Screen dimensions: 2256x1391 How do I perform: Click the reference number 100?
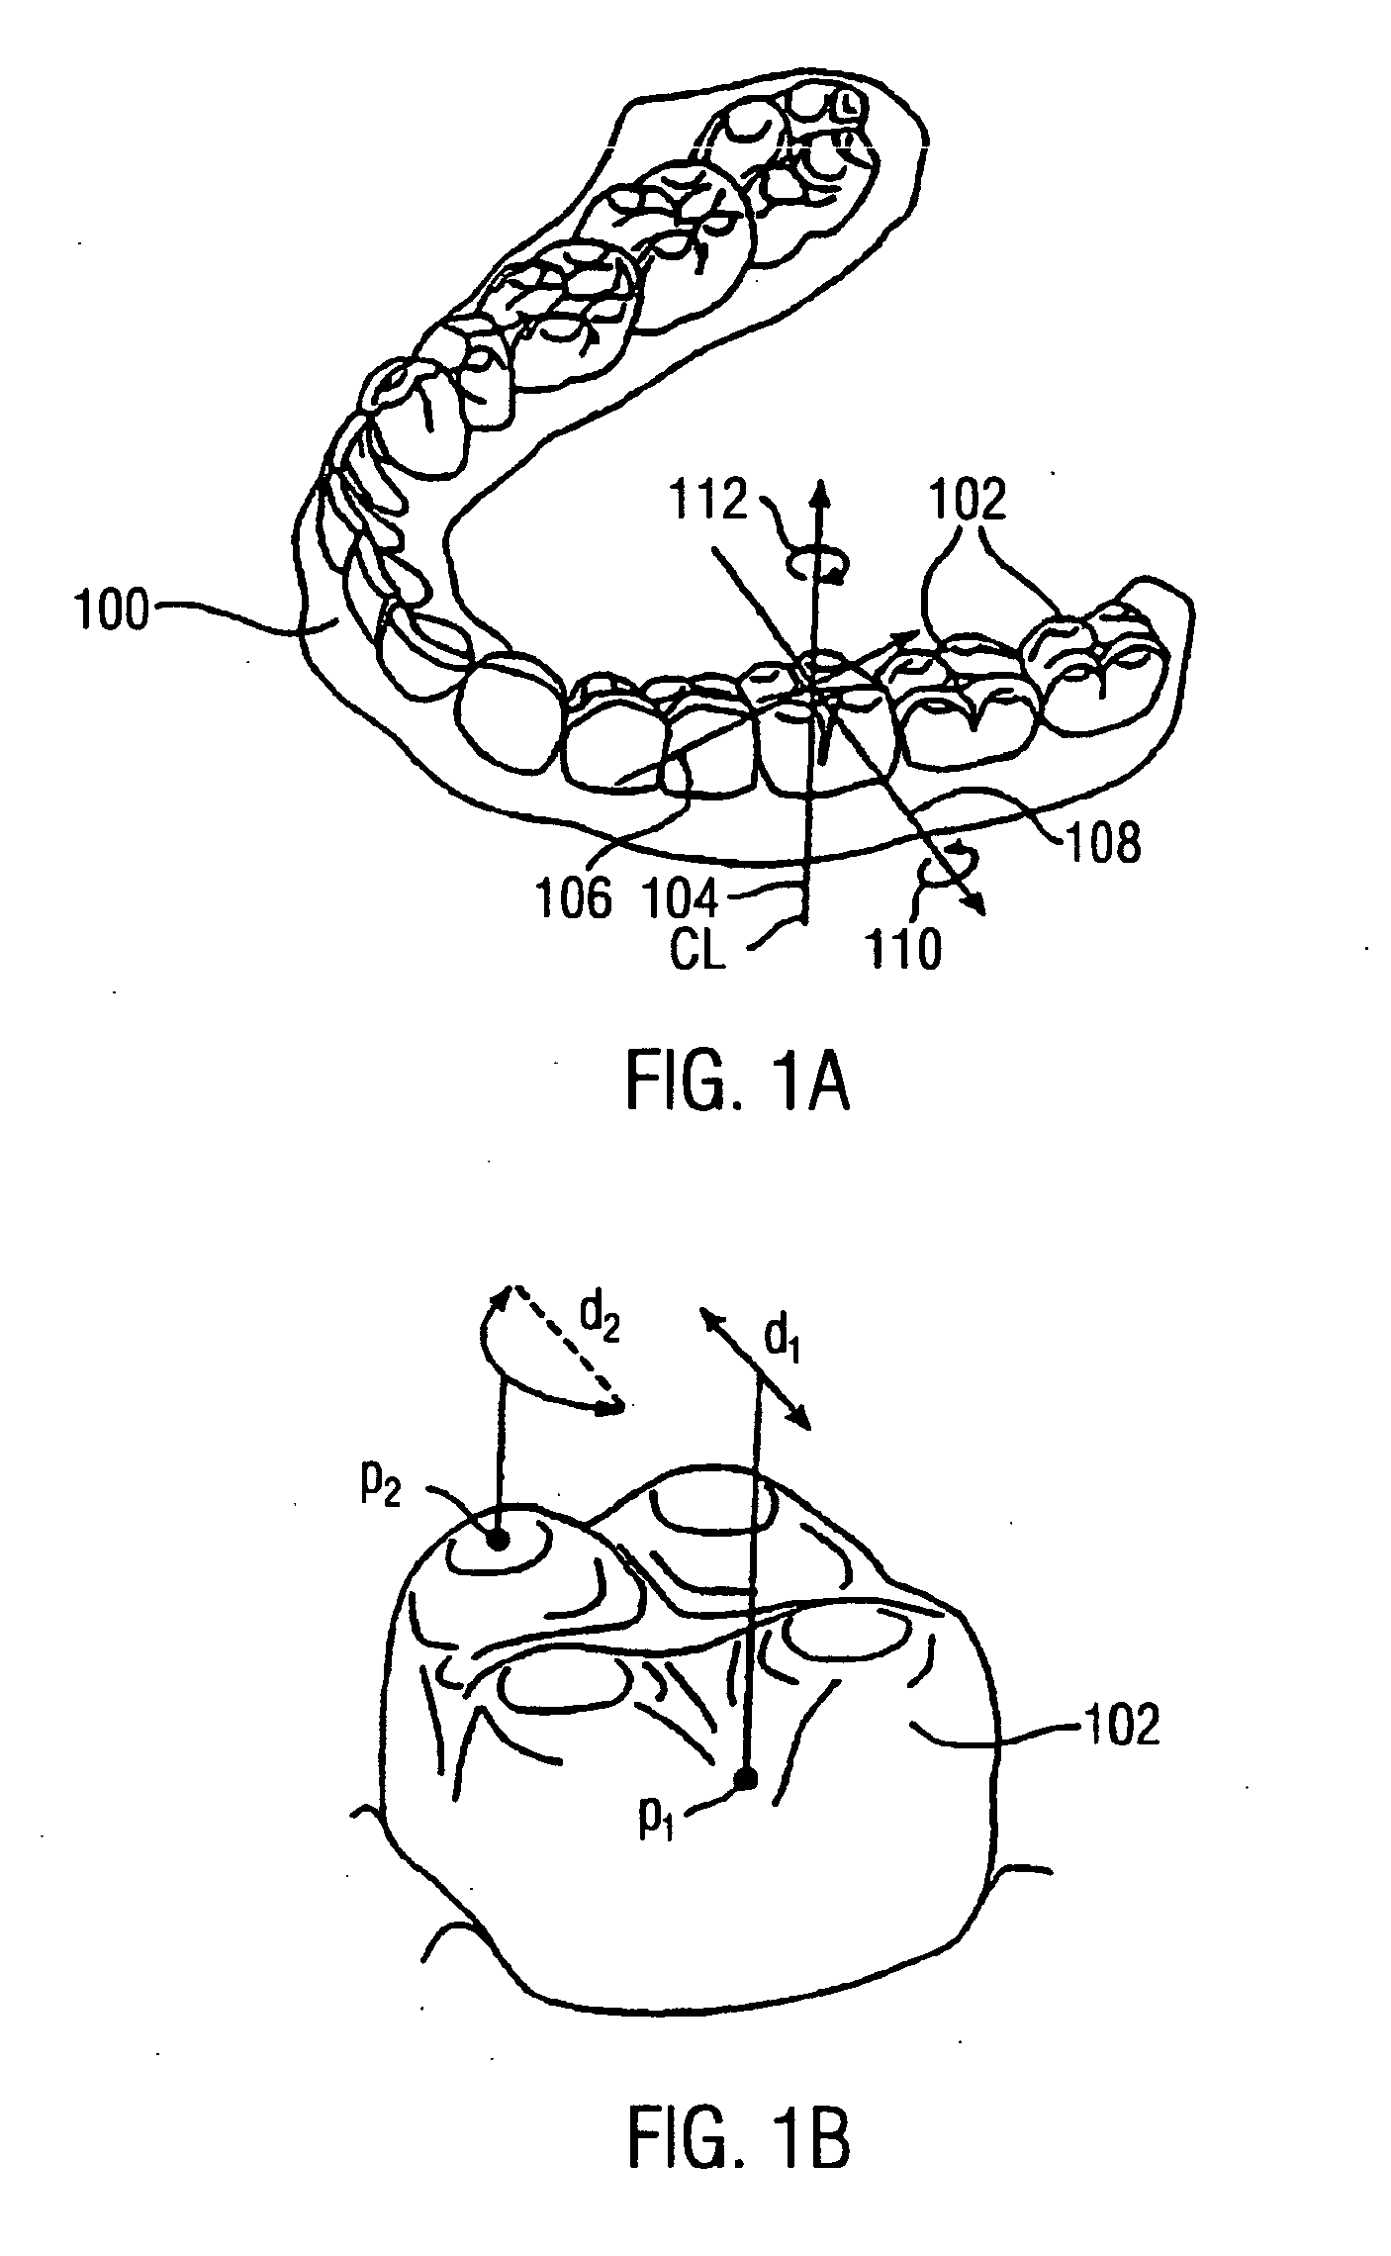112,611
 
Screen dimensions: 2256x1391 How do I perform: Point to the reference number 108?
1100,843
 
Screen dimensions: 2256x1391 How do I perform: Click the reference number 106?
574,898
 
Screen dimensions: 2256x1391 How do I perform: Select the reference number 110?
902,950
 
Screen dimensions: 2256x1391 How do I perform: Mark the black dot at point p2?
498,1540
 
